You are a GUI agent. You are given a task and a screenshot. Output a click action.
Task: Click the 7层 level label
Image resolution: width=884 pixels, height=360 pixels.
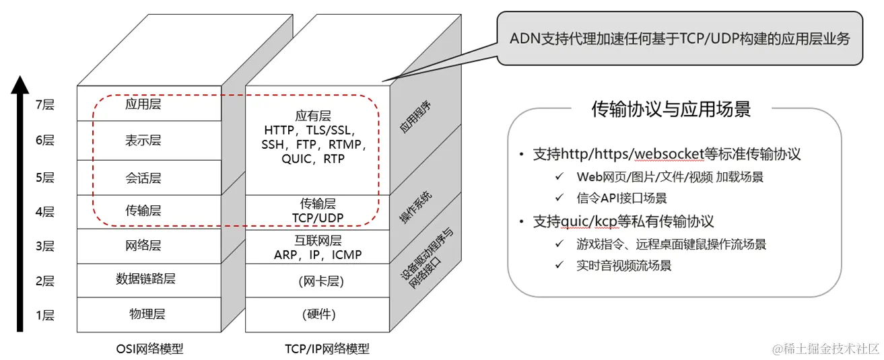click(x=44, y=104)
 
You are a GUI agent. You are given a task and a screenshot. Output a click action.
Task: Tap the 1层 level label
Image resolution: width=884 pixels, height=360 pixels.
click(x=44, y=315)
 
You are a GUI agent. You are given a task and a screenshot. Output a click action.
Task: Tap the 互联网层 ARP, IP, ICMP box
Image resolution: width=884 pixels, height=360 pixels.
click(x=317, y=248)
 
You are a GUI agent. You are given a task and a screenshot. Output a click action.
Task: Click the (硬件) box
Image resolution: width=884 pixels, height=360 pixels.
click(x=317, y=314)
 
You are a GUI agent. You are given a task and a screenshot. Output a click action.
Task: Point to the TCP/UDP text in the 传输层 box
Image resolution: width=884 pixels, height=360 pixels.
click(x=318, y=217)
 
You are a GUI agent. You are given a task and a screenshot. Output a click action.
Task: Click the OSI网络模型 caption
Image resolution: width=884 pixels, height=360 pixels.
click(x=149, y=349)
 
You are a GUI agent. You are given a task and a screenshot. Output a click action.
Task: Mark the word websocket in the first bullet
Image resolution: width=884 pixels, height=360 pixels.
click(x=666, y=153)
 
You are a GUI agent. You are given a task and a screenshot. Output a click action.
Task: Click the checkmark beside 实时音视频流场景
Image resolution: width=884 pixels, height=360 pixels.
click(x=559, y=265)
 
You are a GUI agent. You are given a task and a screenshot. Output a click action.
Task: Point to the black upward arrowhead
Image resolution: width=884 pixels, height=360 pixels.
click(x=21, y=85)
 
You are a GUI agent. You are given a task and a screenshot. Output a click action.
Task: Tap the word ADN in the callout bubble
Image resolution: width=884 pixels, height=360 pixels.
click(x=523, y=38)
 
